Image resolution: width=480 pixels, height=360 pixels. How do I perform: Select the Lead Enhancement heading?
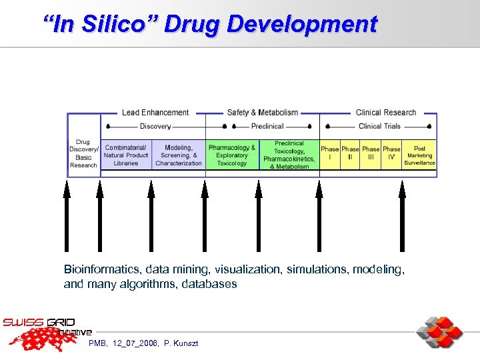pos(155,113)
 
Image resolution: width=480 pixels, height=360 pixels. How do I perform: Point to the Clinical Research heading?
pos(385,113)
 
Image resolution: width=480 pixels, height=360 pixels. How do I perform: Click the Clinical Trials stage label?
pos(379,126)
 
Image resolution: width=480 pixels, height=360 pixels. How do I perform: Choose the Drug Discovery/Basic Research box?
pos(83,154)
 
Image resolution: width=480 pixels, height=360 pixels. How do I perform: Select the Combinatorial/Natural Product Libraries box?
pos(126,155)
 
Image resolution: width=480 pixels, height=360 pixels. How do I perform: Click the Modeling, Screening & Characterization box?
pos(179,155)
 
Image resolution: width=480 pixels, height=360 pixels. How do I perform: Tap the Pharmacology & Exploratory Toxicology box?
pos(232,155)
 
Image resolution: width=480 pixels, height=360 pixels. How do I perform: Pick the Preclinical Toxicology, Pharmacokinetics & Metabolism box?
pos(289,155)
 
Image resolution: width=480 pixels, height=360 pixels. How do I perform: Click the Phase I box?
pos(329,154)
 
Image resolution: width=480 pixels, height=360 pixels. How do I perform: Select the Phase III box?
pos(371,154)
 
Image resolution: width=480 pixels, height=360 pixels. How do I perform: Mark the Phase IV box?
pos(391,154)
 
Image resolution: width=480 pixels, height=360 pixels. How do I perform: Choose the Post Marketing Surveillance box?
pos(419,155)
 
